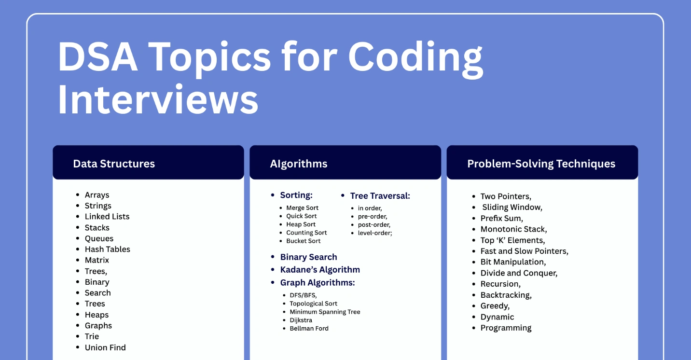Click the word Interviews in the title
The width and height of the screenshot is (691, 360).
click(x=158, y=99)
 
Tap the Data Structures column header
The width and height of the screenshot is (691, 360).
click(x=114, y=164)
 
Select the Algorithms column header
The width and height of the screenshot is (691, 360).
click(x=299, y=164)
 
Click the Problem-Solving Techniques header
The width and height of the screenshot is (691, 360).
click(x=541, y=164)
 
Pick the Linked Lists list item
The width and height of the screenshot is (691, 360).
click(x=107, y=217)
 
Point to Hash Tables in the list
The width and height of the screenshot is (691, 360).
click(x=107, y=249)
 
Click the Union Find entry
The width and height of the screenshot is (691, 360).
click(x=105, y=347)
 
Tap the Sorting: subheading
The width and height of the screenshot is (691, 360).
click(x=296, y=195)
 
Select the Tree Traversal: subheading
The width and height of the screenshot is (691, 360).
click(x=380, y=196)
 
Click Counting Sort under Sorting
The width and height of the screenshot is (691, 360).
click(x=306, y=233)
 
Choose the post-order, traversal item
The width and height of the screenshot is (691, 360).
click(x=374, y=225)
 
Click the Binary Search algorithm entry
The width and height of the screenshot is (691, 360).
click(x=308, y=257)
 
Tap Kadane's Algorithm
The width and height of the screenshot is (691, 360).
click(x=320, y=270)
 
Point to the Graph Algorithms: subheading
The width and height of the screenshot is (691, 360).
click(x=318, y=283)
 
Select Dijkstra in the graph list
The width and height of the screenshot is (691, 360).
click(x=301, y=320)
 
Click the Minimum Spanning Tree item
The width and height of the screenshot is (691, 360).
click(x=325, y=312)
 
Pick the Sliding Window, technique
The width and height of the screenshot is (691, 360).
click(x=512, y=208)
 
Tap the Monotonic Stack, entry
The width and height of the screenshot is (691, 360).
click(x=513, y=229)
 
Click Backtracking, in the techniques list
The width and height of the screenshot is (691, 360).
click(x=506, y=295)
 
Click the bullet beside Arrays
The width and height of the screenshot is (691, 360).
click(x=78, y=194)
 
